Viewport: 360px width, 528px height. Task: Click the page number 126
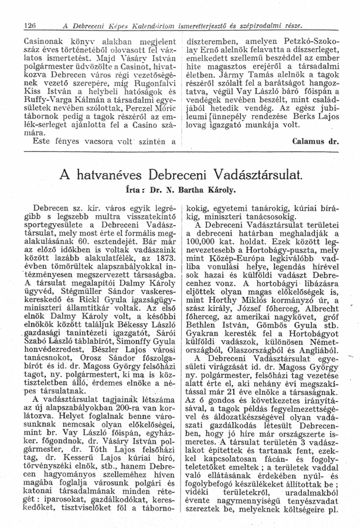[23, 25]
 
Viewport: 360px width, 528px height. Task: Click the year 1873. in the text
[164, 256]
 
